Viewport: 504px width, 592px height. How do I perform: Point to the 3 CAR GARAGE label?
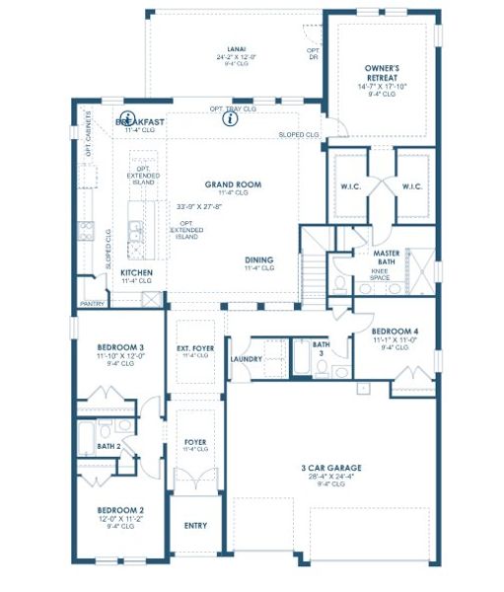coord(330,468)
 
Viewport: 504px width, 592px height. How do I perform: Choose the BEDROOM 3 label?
coord(119,347)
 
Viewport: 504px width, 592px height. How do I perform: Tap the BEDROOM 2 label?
coord(119,510)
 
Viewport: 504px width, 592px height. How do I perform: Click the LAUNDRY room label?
coord(246,359)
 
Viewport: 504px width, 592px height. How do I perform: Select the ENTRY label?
coord(195,525)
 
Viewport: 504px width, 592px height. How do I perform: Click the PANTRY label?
coord(92,304)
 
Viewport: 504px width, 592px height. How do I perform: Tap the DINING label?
coord(259,260)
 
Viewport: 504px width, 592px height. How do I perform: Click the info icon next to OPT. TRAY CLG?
coord(231,118)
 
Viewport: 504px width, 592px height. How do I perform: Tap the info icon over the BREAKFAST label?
coord(129,116)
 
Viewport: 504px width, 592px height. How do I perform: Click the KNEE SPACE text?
coord(380,273)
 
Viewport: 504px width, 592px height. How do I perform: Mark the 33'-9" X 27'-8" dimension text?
coord(199,207)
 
